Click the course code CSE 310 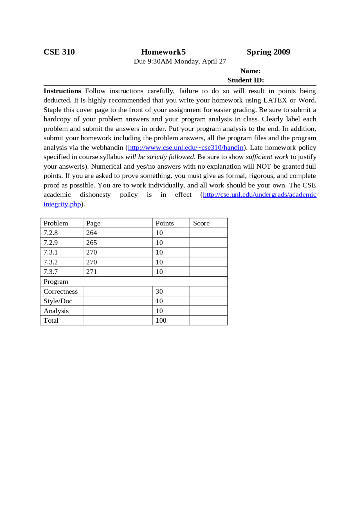click(x=59, y=52)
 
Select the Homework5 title click(x=163, y=52)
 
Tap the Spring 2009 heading click(x=268, y=52)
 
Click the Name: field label click(x=250, y=71)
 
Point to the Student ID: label click(x=246, y=80)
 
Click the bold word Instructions click(x=62, y=91)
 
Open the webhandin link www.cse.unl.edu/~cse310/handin click(x=186, y=148)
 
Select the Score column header click(x=201, y=223)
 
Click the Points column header click(x=165, y=223)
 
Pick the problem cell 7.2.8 click(x=51, y=233)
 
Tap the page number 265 click(x=91, y=243)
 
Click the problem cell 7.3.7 click(x=51, y=272)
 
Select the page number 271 click(x=91, y=272)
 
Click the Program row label click(x=56, y=282)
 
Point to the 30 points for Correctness click(x=159, y=291)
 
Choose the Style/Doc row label click(x=58, y=301)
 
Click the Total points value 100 click(x=161, y=320)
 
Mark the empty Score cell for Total click(x=208, y=320)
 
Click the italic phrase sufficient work click(x=267, y=157)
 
